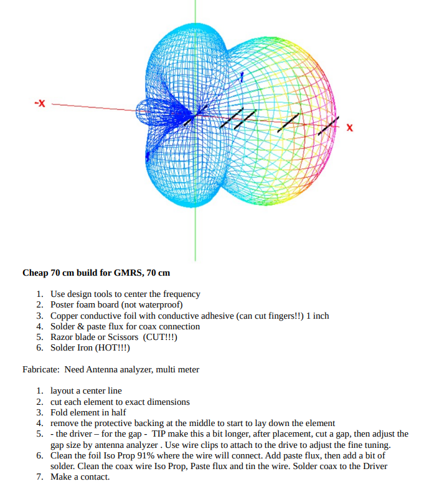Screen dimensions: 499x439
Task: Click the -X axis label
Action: point(39,103)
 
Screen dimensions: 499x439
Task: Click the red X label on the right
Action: point(349,128)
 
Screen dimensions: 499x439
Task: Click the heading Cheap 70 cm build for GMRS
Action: point(96,273)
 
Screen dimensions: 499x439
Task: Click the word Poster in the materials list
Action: point(63,304)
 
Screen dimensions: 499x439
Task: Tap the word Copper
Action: point(65,316)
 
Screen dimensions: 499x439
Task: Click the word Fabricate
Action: point(41,369)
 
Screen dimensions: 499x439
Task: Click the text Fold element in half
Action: point(88,412)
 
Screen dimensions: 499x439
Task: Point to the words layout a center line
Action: point(86,391)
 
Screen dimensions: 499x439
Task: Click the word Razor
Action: point(62,337)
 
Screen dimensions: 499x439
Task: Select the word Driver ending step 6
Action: point(374,466)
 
